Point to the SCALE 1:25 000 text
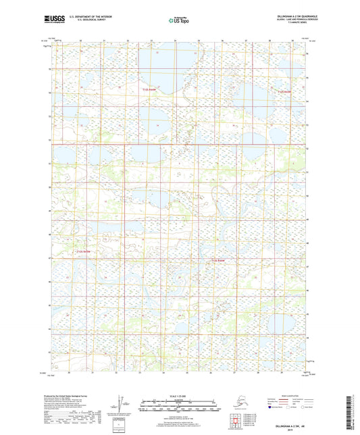tap(179, 395)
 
